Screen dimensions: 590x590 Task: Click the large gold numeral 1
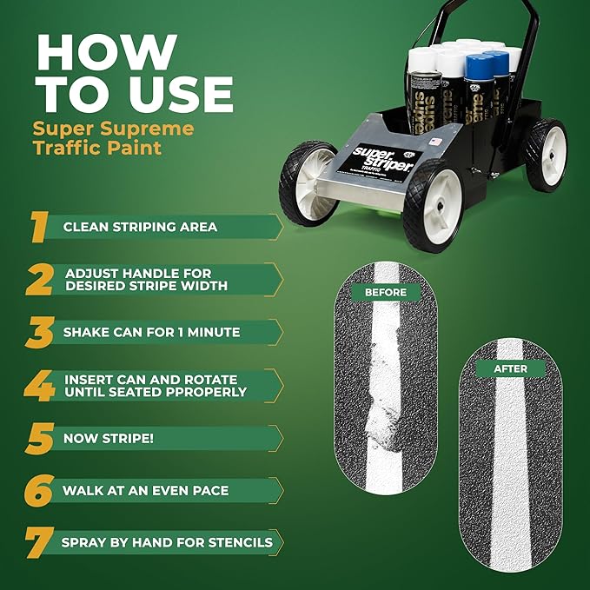[x=39, y=227]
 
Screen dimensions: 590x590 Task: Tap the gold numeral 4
[x=39, y=386]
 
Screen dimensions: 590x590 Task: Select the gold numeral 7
[x=39, y=542]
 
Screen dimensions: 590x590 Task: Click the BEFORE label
[x=386, y=292]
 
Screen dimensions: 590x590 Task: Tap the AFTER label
[x=511, y=368]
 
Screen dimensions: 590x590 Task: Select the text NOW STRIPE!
[x=109, y=438]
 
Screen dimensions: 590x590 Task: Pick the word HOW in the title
[x=107, y=52]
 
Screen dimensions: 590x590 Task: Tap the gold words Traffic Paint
[x=97, y=148]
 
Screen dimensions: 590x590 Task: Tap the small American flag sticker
[x=435, y=142]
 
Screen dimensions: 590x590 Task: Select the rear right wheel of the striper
[x=546, y=155]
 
